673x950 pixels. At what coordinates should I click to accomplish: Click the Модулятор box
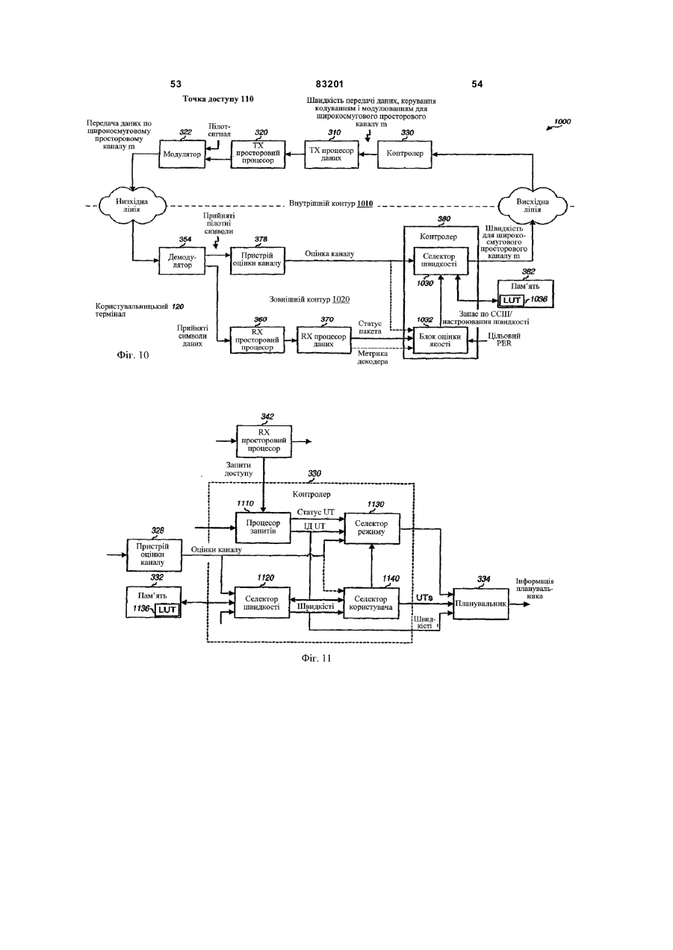182,154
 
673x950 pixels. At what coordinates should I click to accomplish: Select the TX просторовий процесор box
258,154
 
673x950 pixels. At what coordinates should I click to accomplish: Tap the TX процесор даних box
331,154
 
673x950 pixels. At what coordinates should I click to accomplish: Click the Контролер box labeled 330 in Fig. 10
405,154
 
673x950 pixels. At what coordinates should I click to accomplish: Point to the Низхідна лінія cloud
132,206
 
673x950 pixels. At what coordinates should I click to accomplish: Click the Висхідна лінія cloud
532,206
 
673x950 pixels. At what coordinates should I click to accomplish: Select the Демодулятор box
182,261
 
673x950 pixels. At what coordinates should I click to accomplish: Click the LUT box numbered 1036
512,300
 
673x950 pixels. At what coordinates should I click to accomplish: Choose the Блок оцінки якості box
440,340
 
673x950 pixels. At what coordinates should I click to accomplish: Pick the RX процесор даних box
324,340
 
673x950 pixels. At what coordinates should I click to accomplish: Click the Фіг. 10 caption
133,355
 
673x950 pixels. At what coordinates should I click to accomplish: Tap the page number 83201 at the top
329,84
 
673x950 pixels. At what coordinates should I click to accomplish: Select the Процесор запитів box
263,528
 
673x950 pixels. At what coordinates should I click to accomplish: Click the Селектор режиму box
372,528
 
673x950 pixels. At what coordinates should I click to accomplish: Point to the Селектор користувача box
371,603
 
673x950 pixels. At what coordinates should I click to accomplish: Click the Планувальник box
481,604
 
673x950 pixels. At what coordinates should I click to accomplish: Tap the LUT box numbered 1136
167,610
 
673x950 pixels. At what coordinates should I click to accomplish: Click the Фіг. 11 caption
316,658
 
